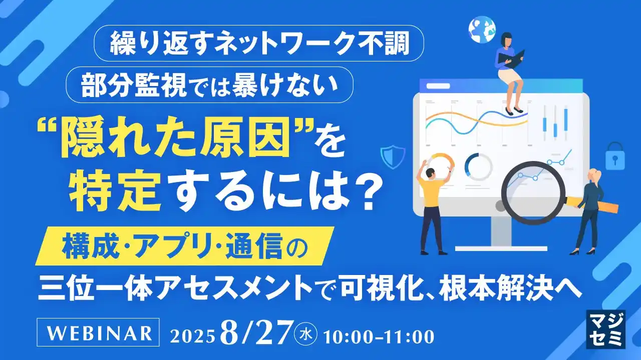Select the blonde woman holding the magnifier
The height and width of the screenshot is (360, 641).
(590, 207)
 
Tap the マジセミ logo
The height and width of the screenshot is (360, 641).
(605, 328)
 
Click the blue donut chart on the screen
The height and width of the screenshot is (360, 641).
(478, 166)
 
